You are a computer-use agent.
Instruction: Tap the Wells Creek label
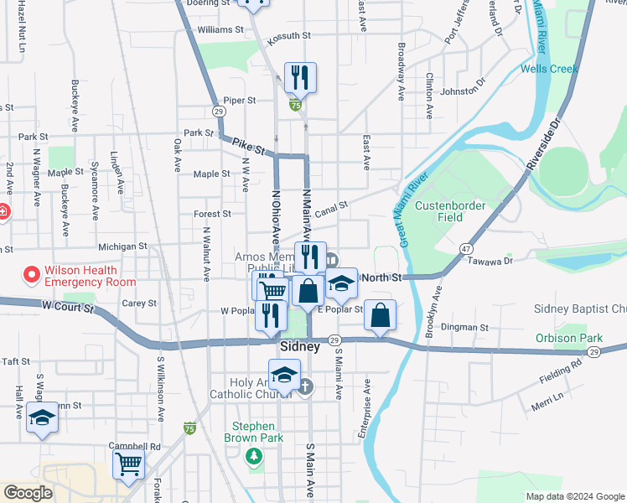[549, 69]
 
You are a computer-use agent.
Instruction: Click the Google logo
[28, 493]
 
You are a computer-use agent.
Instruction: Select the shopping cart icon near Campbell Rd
[128, 463]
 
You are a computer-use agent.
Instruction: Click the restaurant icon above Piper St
[299, 78]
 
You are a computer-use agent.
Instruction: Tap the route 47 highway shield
[464, 249]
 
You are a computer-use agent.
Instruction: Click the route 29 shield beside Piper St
[217, 111]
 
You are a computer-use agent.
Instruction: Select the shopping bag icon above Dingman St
[380, 316]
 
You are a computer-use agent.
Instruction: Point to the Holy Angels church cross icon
[306, 386]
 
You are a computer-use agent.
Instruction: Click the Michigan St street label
[122, 247]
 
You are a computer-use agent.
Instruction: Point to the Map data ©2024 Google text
[574, 496]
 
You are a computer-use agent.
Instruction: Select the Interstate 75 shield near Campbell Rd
[190, 428]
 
